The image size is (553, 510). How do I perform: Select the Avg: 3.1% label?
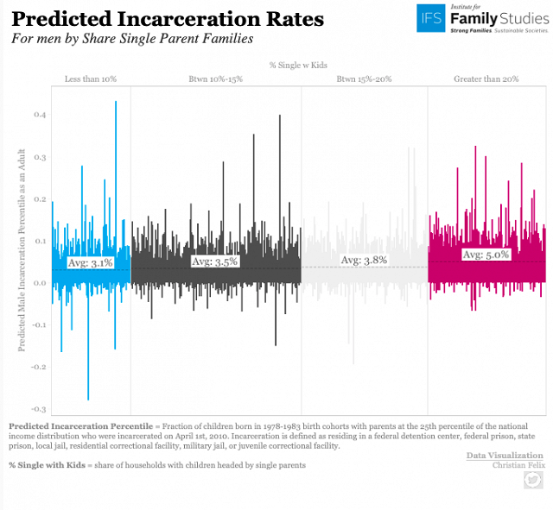(90, 262)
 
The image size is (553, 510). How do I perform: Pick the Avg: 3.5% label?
(214, 261)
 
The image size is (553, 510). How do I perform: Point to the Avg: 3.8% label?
(364, 260)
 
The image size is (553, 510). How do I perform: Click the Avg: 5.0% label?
(486, 255)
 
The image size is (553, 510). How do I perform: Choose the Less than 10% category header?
(91, 79)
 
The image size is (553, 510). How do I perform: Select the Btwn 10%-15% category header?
(215, 79)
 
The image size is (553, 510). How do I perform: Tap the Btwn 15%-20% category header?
(365, 79)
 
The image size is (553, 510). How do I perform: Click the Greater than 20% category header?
(486, 79)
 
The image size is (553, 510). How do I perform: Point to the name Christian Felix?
(518, 466)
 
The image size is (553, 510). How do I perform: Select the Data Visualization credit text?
(505, 455)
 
